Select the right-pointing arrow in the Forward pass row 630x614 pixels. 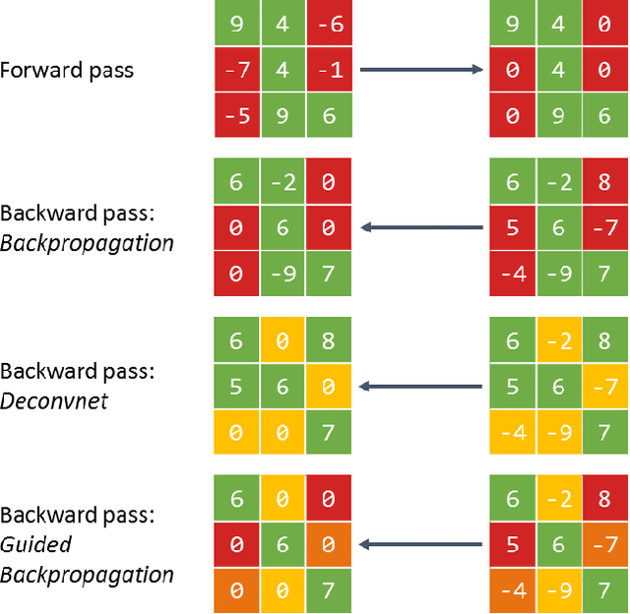(421, 70)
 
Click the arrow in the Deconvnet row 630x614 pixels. (421, 387)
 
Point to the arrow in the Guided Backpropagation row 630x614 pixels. (421, 544)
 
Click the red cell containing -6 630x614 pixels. (329, 24)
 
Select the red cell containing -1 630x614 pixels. (329, 70)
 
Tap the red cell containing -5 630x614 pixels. (235, 116)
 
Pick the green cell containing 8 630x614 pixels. (329, 340)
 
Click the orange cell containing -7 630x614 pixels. (604, 544)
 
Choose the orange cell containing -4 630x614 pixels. (512, 590)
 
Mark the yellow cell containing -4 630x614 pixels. (512, 433)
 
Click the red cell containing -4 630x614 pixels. (512, 275)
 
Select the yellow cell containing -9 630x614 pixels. (558, 433)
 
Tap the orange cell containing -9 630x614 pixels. (558, 590)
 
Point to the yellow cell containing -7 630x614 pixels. (604, 387)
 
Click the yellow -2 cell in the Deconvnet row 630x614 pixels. (558, 340)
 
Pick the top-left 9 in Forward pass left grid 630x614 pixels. (235, 24)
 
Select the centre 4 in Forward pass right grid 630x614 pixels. (558, 70)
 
